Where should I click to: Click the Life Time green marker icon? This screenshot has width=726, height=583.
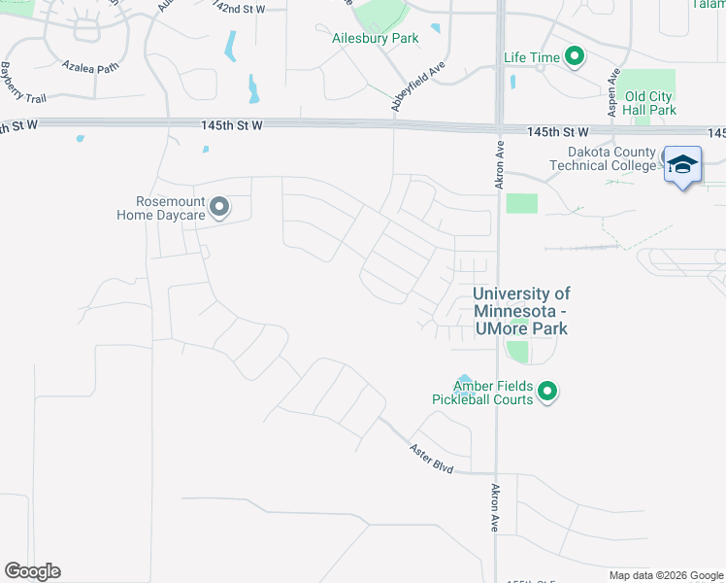[575, 57]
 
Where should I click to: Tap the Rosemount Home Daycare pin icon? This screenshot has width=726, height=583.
[219, 207]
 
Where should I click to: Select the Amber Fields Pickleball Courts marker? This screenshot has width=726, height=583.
[547, 392]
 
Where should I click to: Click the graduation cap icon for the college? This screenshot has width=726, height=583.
[682, 164]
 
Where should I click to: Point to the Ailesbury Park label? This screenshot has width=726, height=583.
[375, 39]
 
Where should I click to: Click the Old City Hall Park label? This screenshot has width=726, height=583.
[649, 103]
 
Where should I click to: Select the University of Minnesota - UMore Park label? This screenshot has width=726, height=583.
[521, 311]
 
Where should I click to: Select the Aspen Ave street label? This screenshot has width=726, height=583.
[613, 93]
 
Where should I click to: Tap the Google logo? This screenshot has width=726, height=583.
[32, 571]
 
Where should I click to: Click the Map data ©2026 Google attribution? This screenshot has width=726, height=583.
[665, 575]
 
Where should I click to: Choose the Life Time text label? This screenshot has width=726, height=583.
[532, 57]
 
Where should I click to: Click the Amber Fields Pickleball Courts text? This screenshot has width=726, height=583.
[483, 393]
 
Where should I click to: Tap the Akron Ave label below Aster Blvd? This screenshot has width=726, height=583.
[494, 507]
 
